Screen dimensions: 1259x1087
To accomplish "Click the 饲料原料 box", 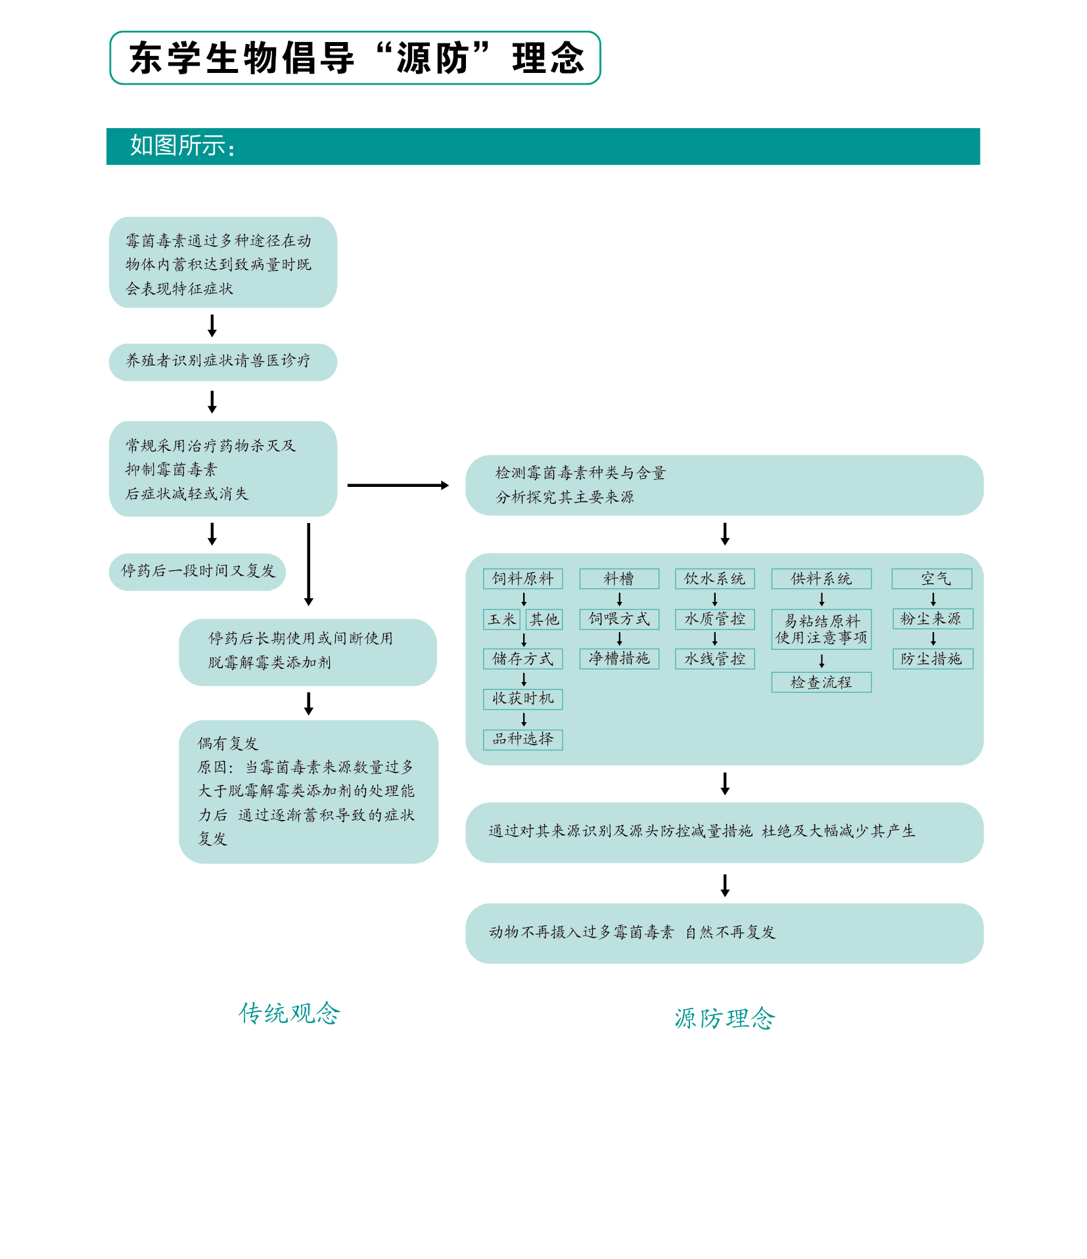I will pyautogui.click(x=522, y=579).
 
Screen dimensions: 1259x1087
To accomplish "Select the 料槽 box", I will pyautogui.click(x=618, y=579).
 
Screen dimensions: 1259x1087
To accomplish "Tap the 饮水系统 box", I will pyautogui.click(x=714, y=579).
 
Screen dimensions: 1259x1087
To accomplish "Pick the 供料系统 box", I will pyautogui.click(x=821, y=579).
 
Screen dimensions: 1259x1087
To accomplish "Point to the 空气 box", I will pyautogui.click(x=931, y=579).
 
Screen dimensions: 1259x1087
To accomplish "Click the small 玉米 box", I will pyautogui.click(x=502, y=620).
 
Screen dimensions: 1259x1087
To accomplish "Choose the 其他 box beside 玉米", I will pyautogui.click(x=544, y=620).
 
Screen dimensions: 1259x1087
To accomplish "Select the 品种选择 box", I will pyautogui.click(x=522, y=739).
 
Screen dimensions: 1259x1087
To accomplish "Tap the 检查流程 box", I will pyautogui.click(x=821, y=683).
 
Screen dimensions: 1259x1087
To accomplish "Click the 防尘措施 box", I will pyautogui.click(x=932, y=659).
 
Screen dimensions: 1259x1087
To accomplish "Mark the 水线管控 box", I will pyautogui.click(x=714, y=659).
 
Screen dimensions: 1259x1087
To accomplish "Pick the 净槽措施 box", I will pyautogui.click(x=618, y=659).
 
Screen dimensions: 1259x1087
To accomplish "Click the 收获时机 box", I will pyautogui.click(x=522, y=699).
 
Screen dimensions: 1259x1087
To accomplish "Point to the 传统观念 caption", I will pyautogui.click(x=289, y=1013).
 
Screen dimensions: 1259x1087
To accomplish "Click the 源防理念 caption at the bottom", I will pyautogui.click(x=724, y=1018).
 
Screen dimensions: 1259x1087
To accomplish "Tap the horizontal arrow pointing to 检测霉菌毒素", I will pyautogui.click(x=398, y=486).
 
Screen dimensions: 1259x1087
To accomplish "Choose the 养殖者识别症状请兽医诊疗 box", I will pyautogui.click(x=223, y=362).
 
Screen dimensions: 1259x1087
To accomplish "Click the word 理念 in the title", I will pyautogui.click(x=547, y=58).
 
